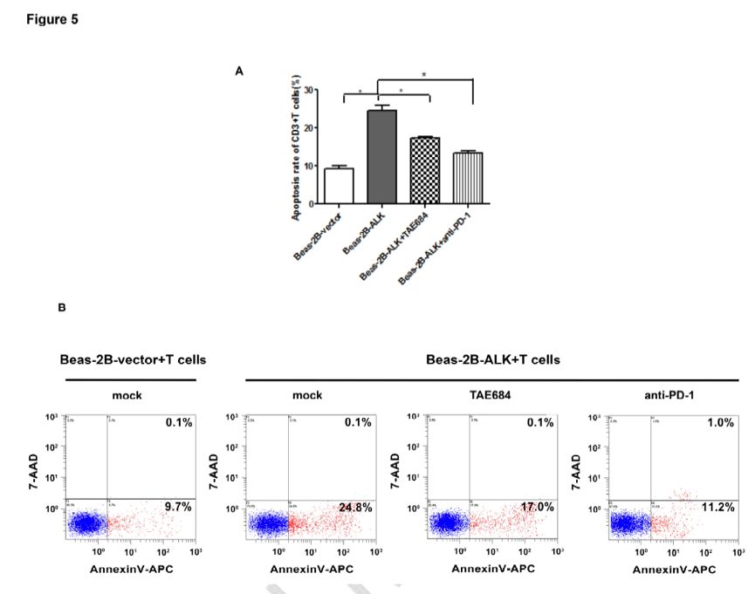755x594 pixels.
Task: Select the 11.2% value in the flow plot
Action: (722, 506)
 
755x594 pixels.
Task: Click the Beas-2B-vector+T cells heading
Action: (127, 360)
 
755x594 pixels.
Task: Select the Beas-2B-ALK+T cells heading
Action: (491, 359)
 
